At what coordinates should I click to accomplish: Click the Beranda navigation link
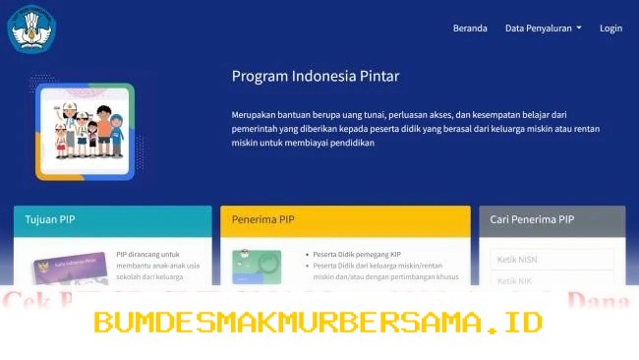[470, 29]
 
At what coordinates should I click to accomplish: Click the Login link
[610, 29]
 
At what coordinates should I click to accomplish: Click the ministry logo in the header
[31, 29]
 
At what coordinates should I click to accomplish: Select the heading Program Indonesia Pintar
[316, 76]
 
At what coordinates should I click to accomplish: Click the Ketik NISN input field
[552, 259]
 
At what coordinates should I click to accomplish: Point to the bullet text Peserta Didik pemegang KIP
[360, 254]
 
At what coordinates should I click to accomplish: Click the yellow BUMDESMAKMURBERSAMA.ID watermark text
[319, 322]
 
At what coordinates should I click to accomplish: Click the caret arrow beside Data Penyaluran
[579, 29]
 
